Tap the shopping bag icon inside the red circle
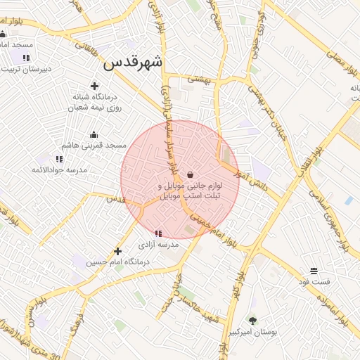[191, 174]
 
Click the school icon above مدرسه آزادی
[157, 233]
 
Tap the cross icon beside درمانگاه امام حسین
[118, 251]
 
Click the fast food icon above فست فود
[314, 271]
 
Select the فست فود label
[314, 281]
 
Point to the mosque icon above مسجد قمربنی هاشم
[94, 135]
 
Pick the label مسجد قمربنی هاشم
[94, 146]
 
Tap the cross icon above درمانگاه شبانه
[94, 86]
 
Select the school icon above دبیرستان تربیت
[26, 58]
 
